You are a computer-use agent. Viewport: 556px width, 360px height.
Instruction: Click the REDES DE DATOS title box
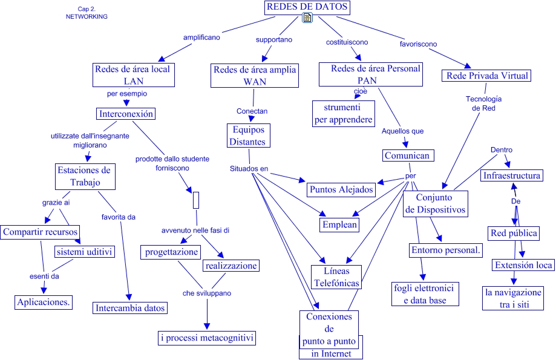tap(307, 7)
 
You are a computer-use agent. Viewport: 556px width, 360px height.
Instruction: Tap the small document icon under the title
tap(307, 18)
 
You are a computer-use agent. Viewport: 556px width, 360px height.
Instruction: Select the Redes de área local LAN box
tap(132, 75)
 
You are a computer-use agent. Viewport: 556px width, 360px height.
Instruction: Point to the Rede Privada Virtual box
tap(488, 76)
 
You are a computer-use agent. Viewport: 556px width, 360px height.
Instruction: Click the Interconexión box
tap(126, 114)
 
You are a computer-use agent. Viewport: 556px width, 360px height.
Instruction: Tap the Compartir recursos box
tap(41, 232)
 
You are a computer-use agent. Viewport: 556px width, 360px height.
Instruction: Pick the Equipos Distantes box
tap(247, 136)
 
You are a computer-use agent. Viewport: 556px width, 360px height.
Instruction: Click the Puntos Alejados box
tap(341, 189)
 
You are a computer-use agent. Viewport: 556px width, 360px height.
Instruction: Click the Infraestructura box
tap(512, 176)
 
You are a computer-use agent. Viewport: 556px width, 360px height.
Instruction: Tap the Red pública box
tap(514, 233)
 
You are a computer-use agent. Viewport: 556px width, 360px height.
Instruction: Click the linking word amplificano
tap(201, 37)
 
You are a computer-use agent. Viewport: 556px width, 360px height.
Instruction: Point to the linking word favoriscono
tap(419, 44)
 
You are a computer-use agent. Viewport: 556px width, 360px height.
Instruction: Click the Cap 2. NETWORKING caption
tap(87, 13)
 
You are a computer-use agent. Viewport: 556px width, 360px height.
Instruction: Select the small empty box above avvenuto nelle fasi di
tap(196, 200)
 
